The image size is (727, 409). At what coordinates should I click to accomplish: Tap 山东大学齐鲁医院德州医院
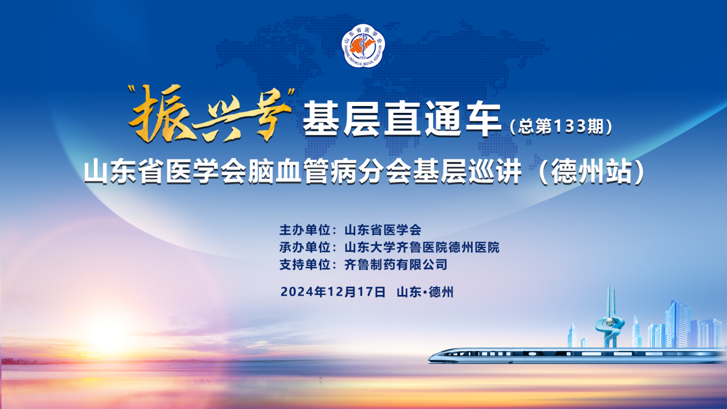[x=422, y=247]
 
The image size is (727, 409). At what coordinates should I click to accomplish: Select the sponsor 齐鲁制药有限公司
[x=395, y=265]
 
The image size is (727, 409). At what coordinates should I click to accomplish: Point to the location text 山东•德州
[x=425, y=292]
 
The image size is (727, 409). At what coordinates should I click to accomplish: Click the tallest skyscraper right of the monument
[x=678, y=324]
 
